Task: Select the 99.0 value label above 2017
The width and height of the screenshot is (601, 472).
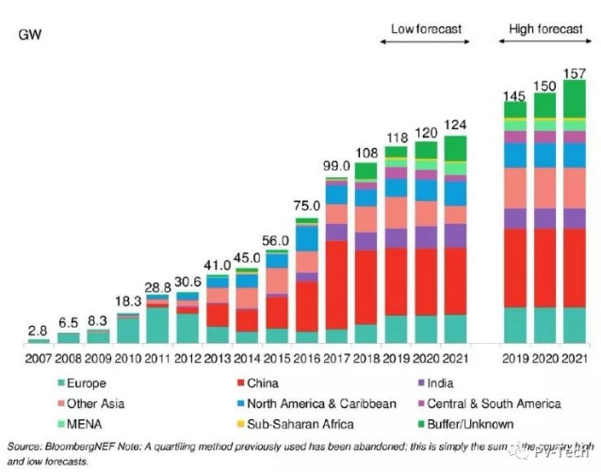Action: [x=336, y=166]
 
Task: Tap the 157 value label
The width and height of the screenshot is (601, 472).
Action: [x=574, y=73]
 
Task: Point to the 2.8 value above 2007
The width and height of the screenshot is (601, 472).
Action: [x=39, y=332]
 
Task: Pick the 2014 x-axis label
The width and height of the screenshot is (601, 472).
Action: [x=247, y=359]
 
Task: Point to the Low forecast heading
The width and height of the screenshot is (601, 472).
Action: [x=427, y=29]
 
